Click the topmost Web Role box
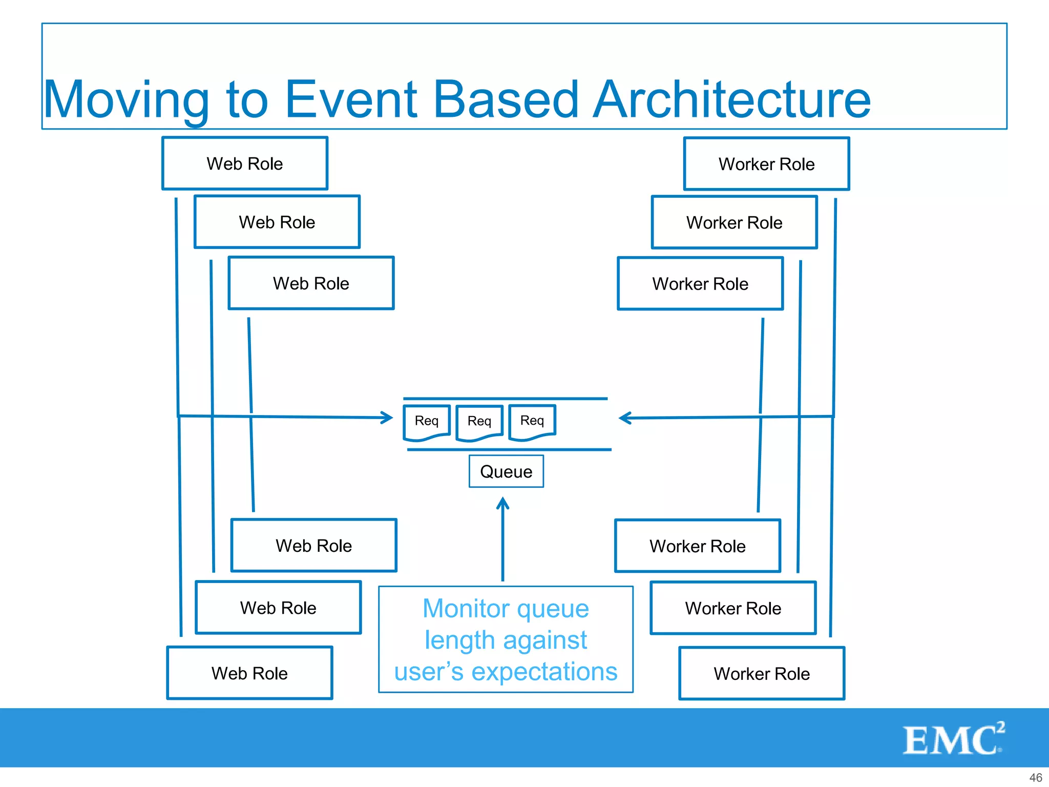245,163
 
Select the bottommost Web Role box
249,673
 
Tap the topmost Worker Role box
766,164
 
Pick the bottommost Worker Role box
762,673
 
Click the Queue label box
506,471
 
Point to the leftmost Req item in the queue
427,421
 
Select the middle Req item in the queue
479,422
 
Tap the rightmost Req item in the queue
532,421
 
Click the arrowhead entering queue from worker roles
624,418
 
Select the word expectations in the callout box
544,672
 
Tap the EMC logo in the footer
953,739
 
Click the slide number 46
1035,777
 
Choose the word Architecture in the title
731,100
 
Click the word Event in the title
351,100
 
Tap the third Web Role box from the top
311,283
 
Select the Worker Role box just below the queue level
697,546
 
